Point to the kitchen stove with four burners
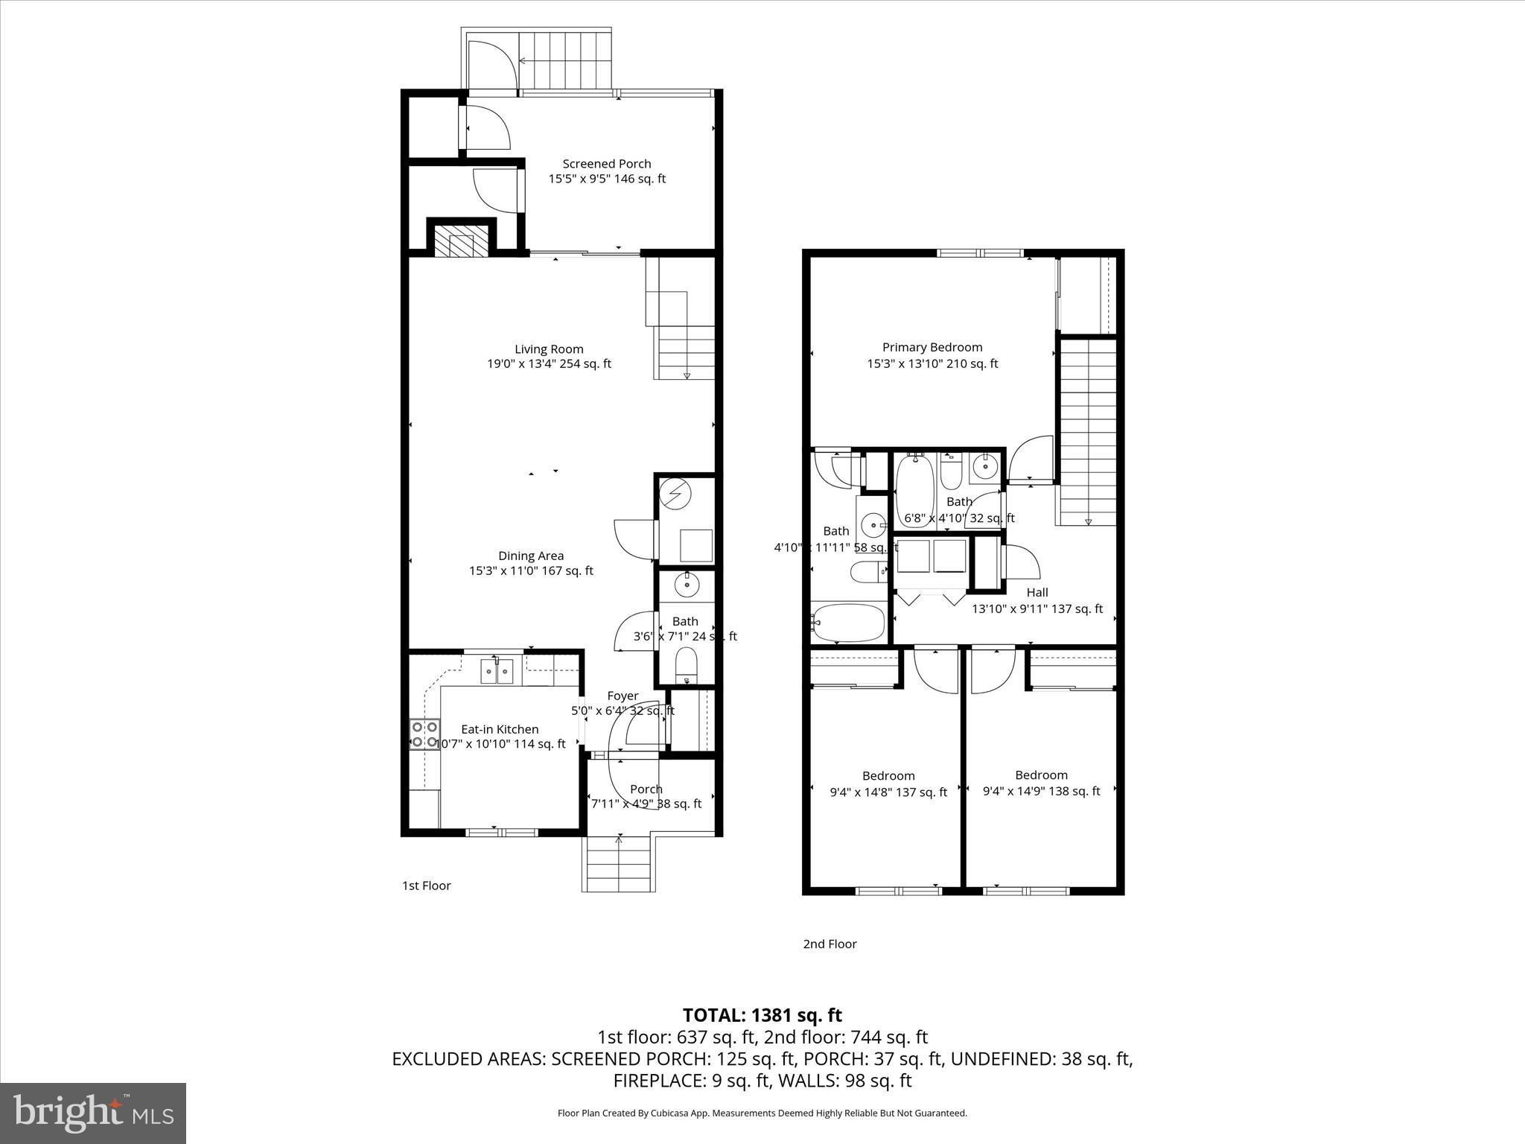pos(424,734)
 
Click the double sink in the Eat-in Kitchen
pos(497,672)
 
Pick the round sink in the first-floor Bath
pos(686,586)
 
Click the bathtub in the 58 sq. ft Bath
pos(848,622)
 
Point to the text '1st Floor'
pos(427,886)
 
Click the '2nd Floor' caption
pos(830,944)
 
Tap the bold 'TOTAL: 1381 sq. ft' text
pos(762,1015)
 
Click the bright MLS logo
pos(93,1113)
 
